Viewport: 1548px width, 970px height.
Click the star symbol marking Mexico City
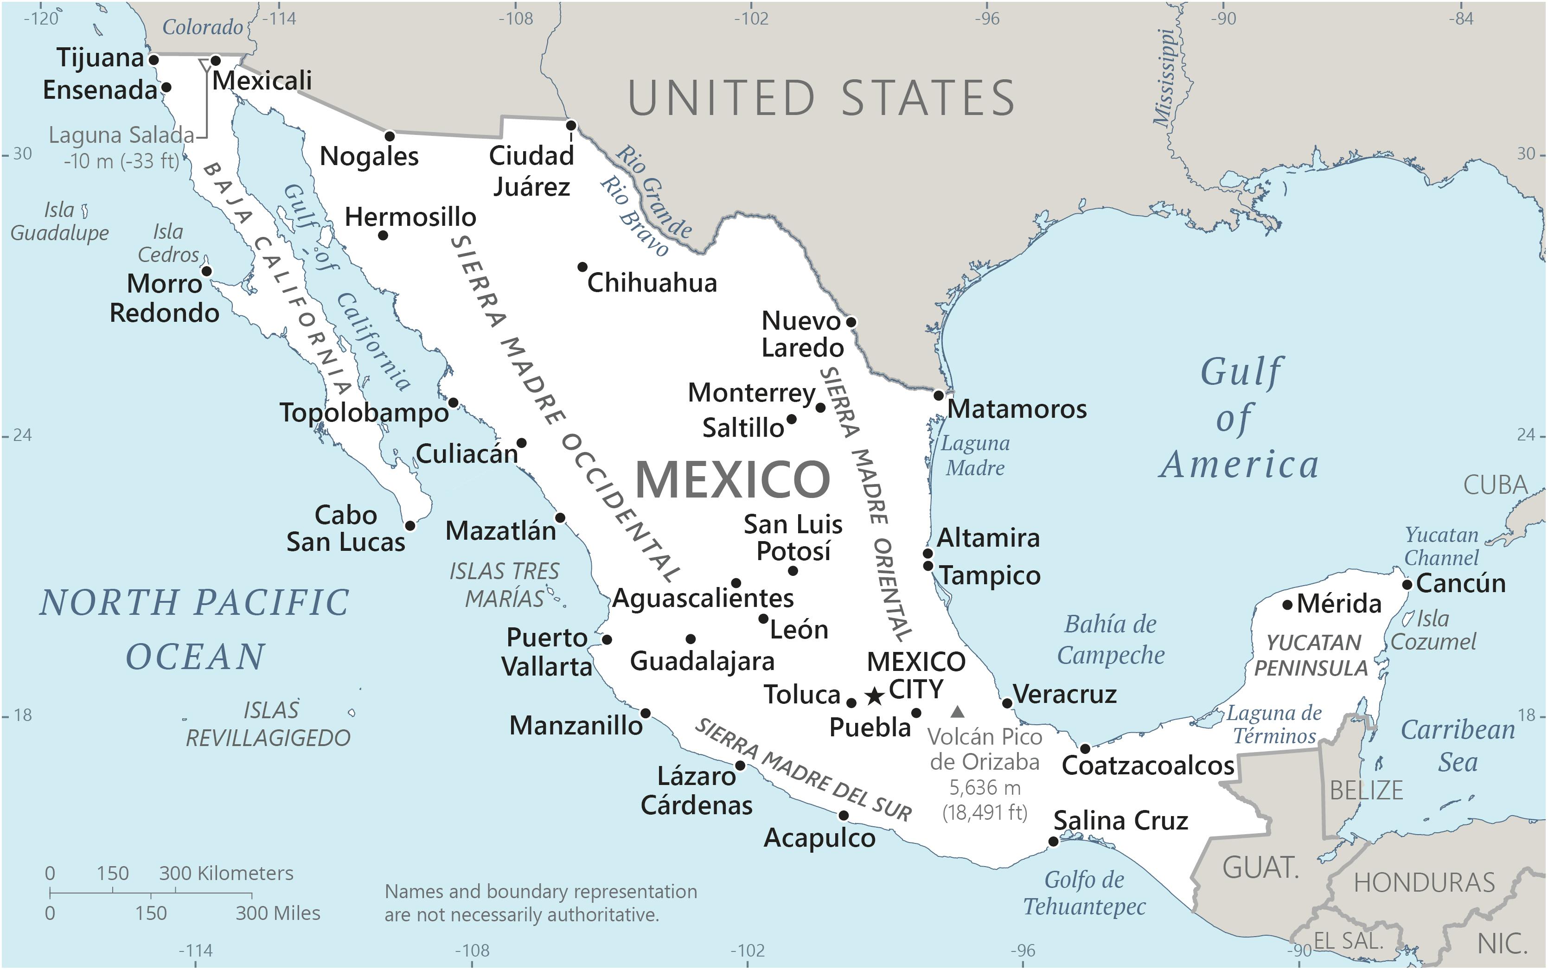874,696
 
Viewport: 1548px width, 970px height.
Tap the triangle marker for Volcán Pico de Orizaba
957,711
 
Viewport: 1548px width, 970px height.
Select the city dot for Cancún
1407,584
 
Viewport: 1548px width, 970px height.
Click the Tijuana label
100,58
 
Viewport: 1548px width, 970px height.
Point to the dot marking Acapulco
844,816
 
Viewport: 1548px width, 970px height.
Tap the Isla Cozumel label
1433,630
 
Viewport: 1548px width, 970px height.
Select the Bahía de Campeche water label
1111,639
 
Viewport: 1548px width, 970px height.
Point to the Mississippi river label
1166,77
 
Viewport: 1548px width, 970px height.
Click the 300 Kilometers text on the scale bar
226,873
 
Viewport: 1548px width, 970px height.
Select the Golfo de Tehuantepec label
1084,893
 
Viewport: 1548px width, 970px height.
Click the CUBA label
1496,485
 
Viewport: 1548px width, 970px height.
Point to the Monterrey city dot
820,408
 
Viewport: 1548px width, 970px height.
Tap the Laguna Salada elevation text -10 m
121,161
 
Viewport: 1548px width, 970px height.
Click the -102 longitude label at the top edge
751,19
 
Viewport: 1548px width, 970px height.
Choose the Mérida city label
1339,604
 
